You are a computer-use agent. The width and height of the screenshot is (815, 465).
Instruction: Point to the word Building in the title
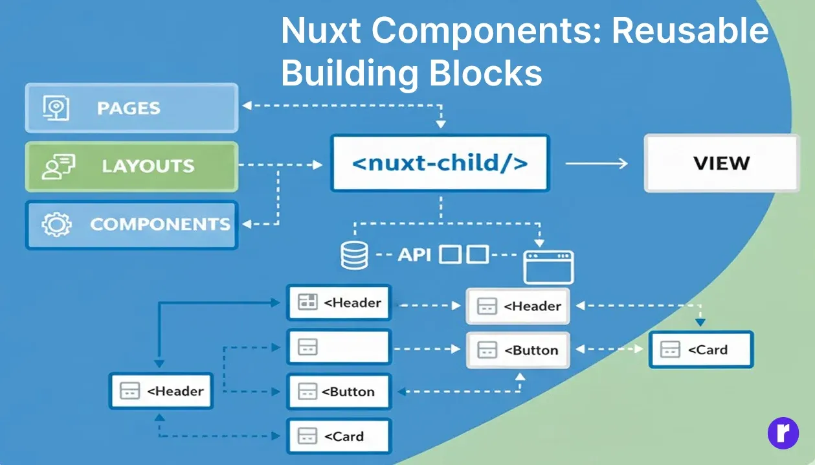click(x=347, y=73)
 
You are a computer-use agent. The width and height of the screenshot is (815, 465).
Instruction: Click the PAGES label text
click(x=128, y=108)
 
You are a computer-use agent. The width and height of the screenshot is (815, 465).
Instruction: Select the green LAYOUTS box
click(x=131, y=166)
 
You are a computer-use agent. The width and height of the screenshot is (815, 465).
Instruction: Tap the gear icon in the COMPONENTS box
click(x=56, y=225)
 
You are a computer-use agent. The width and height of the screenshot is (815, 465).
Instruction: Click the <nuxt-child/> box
click(x=440, y=163)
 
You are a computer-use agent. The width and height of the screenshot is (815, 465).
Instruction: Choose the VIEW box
click(x=721, y=163)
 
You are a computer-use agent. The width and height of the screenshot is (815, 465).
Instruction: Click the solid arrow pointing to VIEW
click(x=596, y=163)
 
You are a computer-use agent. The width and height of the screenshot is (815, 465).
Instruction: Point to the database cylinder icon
click(x=353, y=255)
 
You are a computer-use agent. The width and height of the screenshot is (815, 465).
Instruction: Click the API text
click(x=414, y=255)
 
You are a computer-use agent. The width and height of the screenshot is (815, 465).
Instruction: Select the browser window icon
click(x=548, y=267)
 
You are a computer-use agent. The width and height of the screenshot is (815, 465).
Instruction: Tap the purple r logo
click(x=783, y=433)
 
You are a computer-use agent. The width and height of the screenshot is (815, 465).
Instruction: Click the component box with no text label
click(x=339, y=346)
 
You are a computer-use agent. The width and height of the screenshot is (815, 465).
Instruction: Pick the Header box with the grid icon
click(x=339, y=302)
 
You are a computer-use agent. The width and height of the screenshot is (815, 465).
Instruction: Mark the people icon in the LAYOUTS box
click(x=57, y=166)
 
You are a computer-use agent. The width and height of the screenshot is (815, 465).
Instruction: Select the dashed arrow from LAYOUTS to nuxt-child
click(x=281, y=165)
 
